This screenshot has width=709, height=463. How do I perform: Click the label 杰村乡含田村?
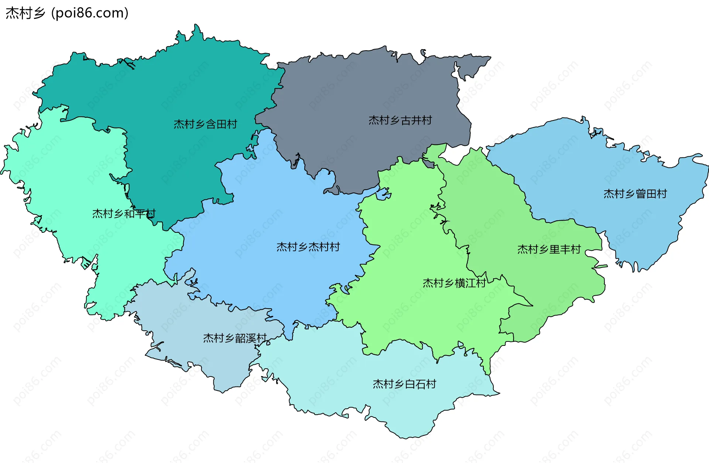click(205, 124)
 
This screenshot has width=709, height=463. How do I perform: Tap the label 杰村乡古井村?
click(400, 120)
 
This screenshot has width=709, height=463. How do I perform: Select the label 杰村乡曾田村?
click(635, 194)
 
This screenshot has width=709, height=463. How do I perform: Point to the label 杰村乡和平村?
click(124, 214)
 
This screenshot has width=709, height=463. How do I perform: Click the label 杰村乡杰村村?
click(308, 247)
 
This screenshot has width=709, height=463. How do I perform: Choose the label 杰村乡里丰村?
click(549, 249)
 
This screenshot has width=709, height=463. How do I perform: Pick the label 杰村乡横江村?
click(454, 283)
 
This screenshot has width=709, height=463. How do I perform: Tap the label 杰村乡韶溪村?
click(234, 338)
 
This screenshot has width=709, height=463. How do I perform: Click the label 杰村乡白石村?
click(404, 384)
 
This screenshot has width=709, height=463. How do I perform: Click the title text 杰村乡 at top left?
click(25, 13)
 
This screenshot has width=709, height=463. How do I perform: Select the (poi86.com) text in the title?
click(90, 13)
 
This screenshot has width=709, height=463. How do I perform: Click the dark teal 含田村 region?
click(166, 85)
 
